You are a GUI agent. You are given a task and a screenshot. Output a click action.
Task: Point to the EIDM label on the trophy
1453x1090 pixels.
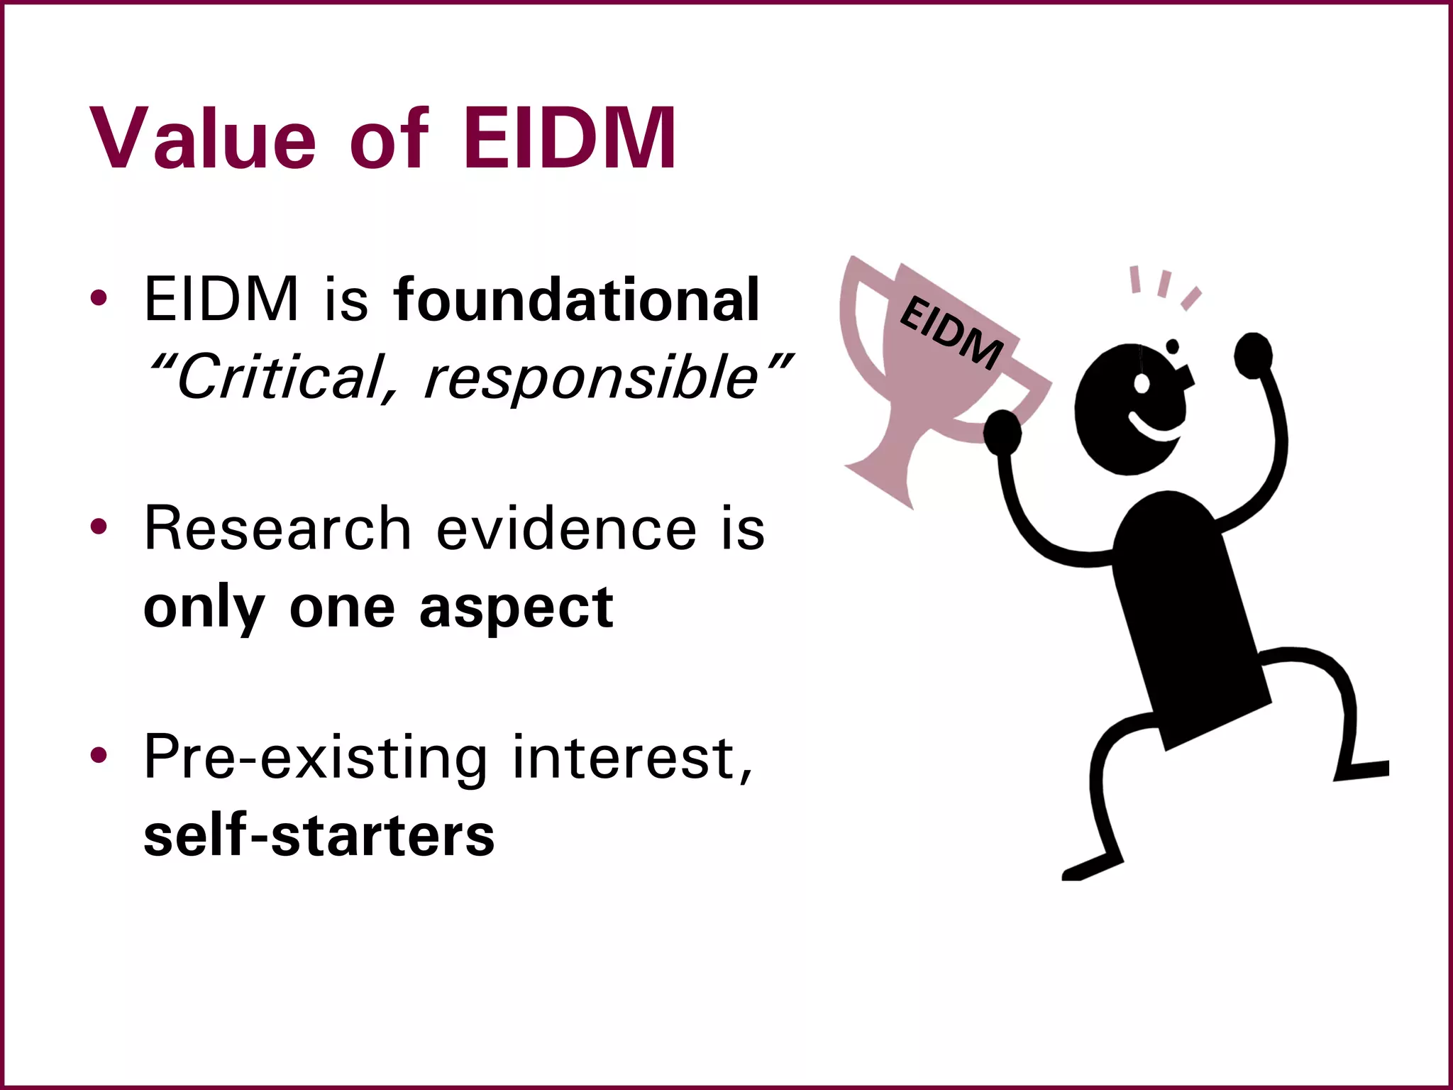[951, 332]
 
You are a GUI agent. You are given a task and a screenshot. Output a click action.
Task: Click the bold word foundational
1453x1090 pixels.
[576, 300]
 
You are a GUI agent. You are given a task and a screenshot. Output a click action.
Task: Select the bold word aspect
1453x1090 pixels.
[516, 608]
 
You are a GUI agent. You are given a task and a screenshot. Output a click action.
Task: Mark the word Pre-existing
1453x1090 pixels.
[316, 758]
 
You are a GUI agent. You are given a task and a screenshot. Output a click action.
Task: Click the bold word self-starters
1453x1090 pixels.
[319, 836]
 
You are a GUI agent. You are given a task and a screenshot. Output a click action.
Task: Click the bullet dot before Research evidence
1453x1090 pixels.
[99, 527]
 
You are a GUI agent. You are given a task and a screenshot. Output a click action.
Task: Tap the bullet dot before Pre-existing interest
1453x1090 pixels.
[99, 755]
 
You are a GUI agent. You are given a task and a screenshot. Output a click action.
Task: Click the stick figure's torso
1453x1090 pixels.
[1185, 617]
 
